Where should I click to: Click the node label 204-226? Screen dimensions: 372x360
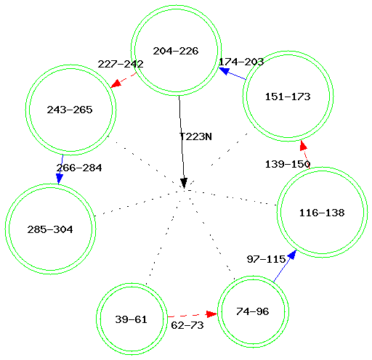[x=176, y=51]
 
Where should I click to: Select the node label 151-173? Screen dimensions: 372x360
[x=288, y=97]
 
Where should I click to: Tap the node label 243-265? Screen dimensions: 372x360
[x=70, y=110]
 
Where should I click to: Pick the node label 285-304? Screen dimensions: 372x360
[x=50, y=229]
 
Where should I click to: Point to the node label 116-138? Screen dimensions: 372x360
[x=322, y=213]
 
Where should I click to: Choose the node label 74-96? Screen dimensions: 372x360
[x=253, y=311]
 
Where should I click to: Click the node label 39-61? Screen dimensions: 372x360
[x=131, y=319]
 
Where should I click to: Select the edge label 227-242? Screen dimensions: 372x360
[x=121, y=64]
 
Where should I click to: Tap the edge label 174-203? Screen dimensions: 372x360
[x=241, y=62]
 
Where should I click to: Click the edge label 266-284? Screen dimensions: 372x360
[x=79, y=168]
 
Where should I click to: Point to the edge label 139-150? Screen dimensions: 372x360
[x=288, y=164]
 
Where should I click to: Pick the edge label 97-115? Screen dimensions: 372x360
[x=267, y=259]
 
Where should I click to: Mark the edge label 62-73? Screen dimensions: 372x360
[x=187, y=325]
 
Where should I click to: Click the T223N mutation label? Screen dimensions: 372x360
[x=195, y=136]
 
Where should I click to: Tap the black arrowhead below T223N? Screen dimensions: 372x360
[x=184, y=183]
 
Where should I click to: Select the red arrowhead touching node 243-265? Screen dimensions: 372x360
[x=116, y=83]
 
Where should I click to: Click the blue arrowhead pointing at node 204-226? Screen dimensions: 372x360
[x=224, y=71]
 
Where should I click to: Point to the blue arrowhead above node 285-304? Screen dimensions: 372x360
[x=60, y=179]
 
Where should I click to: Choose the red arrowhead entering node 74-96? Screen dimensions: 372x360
[x=211, y=314]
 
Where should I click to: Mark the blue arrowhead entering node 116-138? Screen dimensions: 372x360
[x=292, y=255]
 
